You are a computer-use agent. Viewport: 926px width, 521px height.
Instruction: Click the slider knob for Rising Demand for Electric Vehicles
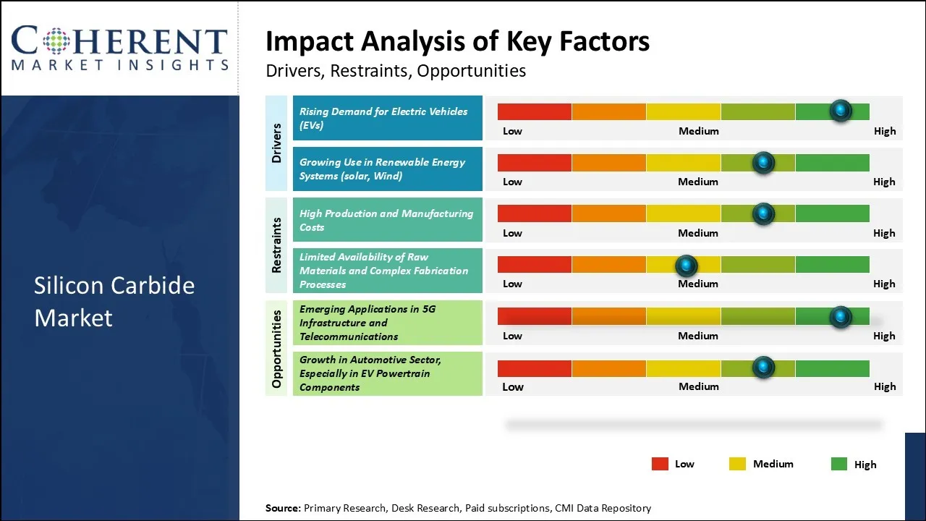coord(840,111)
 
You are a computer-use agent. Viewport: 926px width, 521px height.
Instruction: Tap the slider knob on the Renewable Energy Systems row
coord(763,162)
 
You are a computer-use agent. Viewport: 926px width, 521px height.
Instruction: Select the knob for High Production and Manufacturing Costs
coord(763,213)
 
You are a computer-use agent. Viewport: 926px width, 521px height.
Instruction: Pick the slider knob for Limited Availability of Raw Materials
coord(686,266)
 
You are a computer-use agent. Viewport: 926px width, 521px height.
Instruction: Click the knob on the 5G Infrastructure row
coord(840,316)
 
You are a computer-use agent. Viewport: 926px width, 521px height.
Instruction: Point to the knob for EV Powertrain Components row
coord(763,368)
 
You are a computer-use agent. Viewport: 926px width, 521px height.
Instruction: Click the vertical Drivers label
coord(276,143)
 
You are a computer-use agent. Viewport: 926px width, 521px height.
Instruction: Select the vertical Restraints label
coord(276,245)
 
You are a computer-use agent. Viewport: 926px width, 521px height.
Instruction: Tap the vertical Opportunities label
coord(276,348)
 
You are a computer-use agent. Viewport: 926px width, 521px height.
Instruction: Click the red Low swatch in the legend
coord(660,464)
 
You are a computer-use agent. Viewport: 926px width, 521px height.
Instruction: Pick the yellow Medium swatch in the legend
coord(738,464)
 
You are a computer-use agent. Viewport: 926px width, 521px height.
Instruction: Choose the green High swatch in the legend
coord(839,464)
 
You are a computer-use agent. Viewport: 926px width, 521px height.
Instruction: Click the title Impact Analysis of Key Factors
coord(457,41)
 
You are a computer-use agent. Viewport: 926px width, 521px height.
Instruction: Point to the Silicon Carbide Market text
coord(114,301)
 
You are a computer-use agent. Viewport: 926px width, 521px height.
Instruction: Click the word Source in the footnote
coord(282,508)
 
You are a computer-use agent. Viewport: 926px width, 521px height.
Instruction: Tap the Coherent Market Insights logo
coord(119,48)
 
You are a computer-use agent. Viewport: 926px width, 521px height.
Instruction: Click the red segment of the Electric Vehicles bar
coord(535,111)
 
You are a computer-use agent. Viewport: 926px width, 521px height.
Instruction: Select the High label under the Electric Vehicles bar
coord(884,131)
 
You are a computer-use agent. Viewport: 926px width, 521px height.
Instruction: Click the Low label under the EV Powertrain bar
coord(512,386)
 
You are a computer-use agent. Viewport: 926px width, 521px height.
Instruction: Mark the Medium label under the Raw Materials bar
coord(698,284)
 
